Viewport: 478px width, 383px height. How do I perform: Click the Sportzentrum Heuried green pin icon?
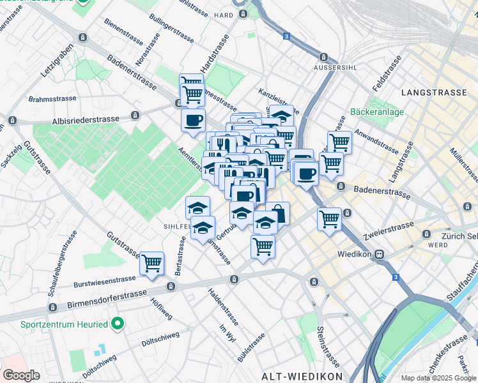point(117,324)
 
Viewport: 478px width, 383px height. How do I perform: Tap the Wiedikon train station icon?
point(379,254)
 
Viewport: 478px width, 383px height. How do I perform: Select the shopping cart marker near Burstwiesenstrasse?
point(152,262)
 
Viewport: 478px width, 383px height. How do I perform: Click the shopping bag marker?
point(277,213)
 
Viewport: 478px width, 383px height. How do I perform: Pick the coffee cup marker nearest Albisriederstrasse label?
point(194,120)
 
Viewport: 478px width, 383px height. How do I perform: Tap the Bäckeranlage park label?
point(377,112)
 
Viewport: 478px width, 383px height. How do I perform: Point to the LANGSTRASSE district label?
point(434,93)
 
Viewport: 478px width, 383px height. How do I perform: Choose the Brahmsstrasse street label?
point(52,99)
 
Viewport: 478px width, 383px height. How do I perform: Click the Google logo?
point(21,375)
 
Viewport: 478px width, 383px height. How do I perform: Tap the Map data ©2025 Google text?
point(438,378)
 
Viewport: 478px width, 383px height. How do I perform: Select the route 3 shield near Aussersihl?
point(286,36)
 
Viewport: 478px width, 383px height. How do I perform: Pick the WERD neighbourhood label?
point(438,245)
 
